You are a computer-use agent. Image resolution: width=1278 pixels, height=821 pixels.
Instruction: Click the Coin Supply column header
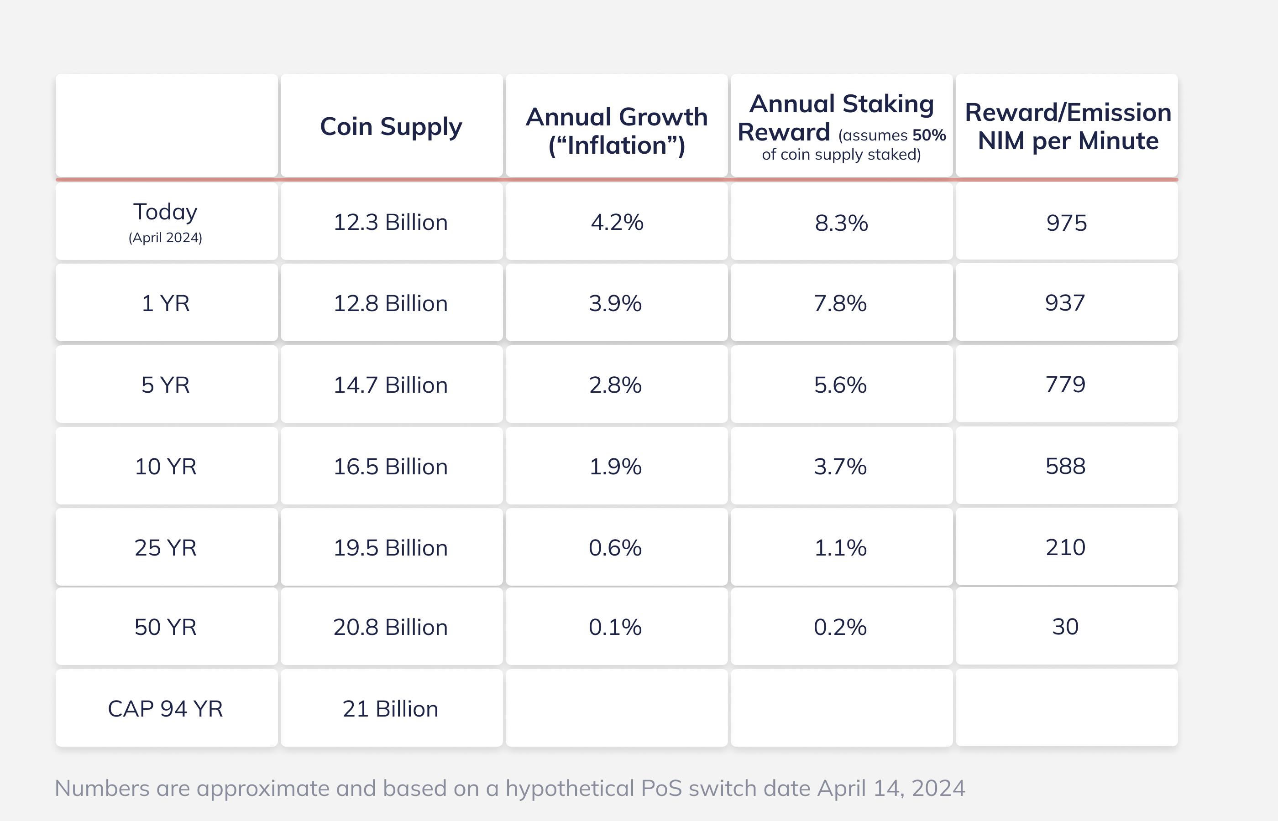(391, 127)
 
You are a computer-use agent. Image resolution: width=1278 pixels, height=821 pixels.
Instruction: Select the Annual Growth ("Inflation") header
(617, 130)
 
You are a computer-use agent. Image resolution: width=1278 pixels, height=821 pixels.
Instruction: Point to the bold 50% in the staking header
(929, 135)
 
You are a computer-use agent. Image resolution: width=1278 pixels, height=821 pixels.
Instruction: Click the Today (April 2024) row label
(165, 221)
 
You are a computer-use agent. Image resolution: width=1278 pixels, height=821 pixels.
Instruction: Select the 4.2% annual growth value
(617, 222)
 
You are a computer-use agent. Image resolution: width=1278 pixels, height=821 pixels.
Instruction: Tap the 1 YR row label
(165, 303)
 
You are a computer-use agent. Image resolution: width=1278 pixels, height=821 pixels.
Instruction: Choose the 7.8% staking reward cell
(840, 303)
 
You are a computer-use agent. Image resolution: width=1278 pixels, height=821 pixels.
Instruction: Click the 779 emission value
(1065, 385)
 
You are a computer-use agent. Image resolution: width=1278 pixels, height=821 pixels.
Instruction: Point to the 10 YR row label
(165, 467)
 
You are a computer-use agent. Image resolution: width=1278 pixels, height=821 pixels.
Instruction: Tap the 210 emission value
(1065, 547)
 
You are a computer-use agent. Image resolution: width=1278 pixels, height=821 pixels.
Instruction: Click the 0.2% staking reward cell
(840, 627)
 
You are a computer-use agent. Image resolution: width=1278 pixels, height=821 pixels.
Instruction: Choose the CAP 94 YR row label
(165, 708)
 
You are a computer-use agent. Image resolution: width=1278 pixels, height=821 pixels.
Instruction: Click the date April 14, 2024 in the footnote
(891, 788)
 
